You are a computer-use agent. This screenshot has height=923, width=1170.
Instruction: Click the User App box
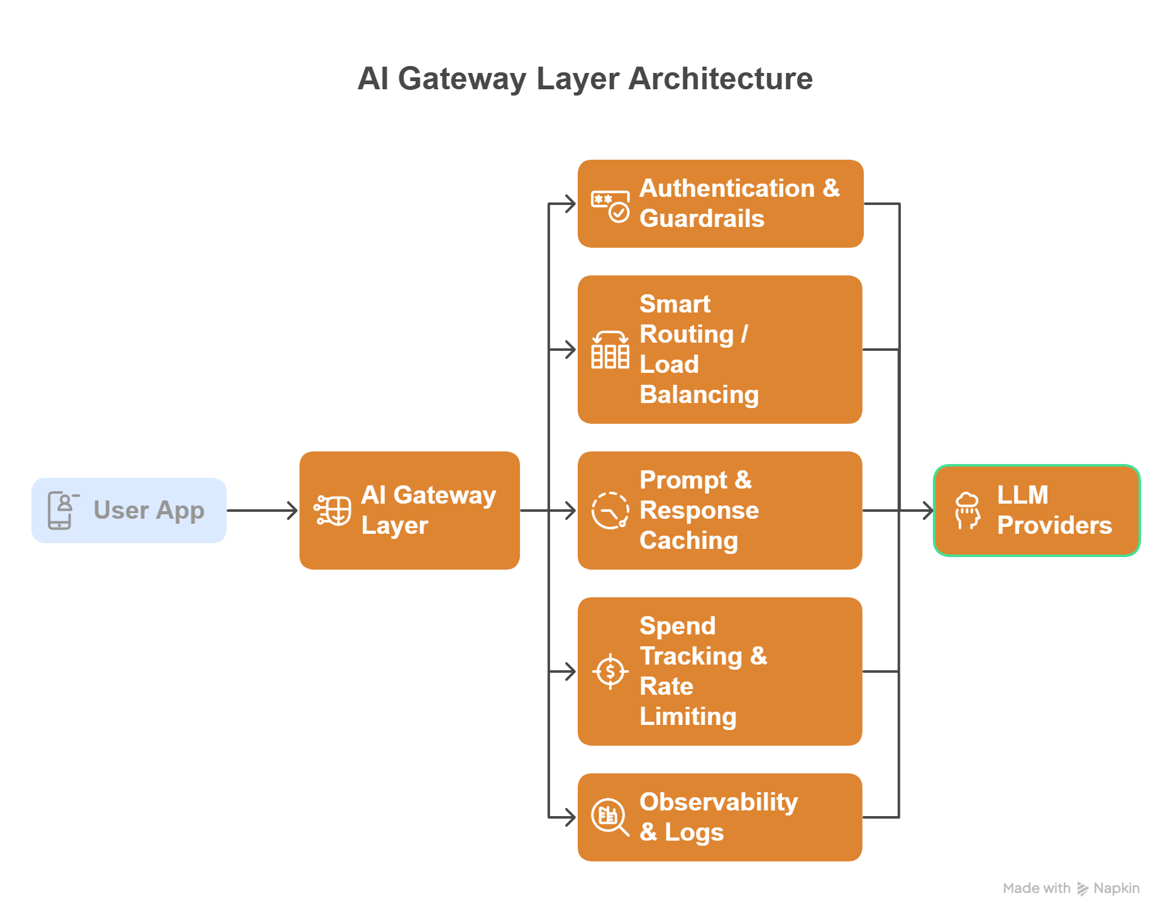click(x=129, y=510)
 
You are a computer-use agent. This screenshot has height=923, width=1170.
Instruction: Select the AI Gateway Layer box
click(x=409, y=510)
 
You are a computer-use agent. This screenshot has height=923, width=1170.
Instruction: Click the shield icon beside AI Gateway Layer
click(x=333, y=510)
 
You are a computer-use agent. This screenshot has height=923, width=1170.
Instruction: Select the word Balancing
click(x=699, y=394)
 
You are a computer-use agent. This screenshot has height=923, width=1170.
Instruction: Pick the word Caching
click(x=688, y=540)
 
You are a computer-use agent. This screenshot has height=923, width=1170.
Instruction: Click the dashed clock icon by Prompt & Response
click(x=610, y=510)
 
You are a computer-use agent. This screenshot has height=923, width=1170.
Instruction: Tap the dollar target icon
click(x=610, y=672)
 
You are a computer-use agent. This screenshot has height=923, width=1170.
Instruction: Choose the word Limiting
click(x=688, y=716)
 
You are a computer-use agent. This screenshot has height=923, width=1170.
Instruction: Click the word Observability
click(x=719, y=802)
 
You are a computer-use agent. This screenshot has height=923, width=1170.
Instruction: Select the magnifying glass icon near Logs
click(x=610, y=817)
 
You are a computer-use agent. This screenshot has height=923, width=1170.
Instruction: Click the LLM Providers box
click(x=1037, y=510)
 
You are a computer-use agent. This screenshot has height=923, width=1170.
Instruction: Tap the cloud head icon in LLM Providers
click(x=967, y=511)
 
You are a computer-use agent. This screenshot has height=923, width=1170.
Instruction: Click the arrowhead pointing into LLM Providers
click(x=928, y=510)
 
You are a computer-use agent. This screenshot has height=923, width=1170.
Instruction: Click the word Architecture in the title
click(x=720, y=79)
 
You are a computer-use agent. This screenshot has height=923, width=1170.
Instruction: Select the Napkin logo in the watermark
click(x=1083, y=888)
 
